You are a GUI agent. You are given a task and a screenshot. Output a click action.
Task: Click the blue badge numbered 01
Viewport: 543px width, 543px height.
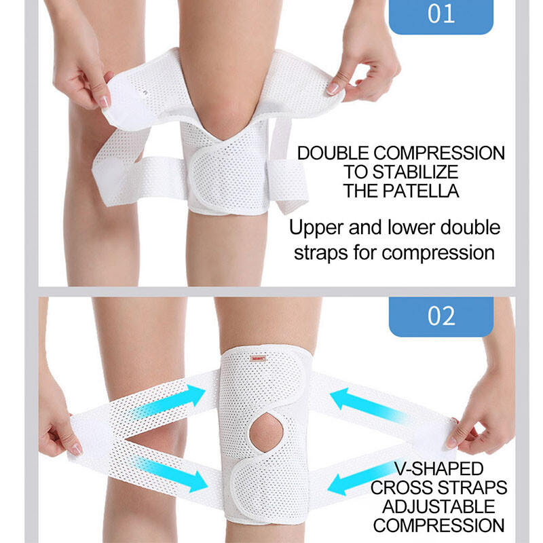441,15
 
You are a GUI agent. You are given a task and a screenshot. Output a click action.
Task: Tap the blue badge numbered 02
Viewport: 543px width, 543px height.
441,316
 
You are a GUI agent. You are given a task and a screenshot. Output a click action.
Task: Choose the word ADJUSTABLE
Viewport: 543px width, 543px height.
438,506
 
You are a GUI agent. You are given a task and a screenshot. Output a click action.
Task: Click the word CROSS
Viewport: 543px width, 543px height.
400,488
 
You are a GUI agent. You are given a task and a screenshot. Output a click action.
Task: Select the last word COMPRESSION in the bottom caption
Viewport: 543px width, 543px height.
438,525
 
